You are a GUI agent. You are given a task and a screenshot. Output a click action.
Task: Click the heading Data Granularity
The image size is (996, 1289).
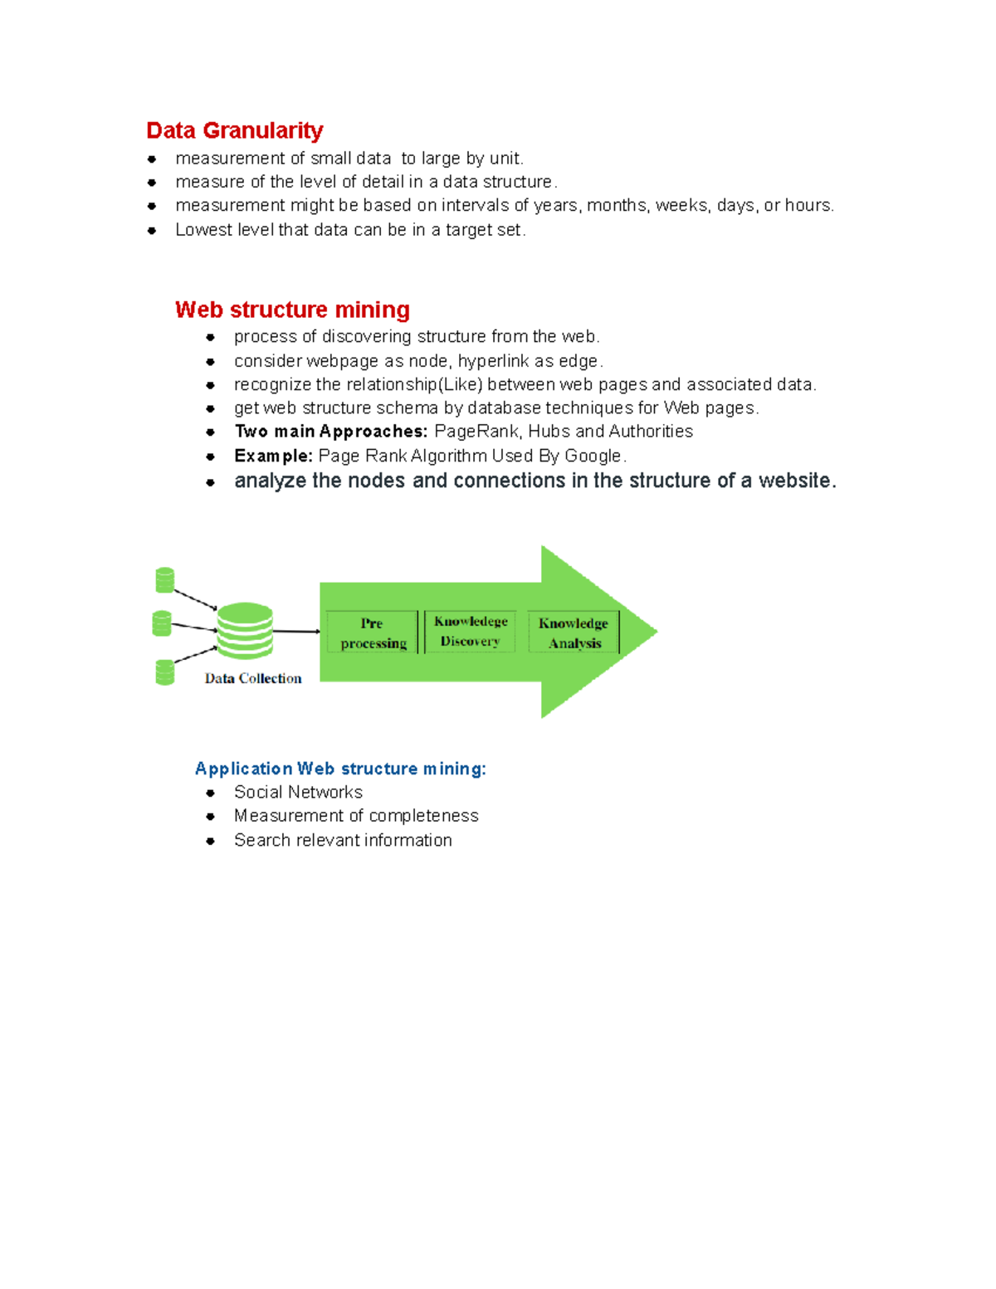point(234,130)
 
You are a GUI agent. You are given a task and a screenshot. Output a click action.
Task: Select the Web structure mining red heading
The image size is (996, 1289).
point(292,310)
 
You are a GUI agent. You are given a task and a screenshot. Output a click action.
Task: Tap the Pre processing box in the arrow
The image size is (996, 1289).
point(373,632)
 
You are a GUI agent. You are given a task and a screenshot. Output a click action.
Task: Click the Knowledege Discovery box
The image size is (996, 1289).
point(471,632)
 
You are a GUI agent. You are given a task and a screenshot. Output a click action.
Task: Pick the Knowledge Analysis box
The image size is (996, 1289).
point(574,632)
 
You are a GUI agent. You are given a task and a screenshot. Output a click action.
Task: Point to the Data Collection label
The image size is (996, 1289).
point(253,678)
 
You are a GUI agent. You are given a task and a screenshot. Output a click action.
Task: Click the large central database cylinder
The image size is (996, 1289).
point(245,631)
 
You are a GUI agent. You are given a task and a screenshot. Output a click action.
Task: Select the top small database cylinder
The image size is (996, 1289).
point(165,580)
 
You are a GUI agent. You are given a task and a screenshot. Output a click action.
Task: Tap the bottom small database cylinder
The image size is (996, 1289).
point(165,672)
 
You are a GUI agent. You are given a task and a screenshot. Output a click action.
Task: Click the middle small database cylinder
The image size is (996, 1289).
point(162,623)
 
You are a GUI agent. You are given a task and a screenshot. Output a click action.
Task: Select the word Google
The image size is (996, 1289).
point(593,456)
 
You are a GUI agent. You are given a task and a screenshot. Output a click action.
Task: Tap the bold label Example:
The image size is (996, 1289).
point(273,456)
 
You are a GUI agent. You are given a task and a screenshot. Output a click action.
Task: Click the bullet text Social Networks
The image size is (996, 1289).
point(298,792)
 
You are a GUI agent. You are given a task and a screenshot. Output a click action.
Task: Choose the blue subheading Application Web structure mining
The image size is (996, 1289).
point(340,769)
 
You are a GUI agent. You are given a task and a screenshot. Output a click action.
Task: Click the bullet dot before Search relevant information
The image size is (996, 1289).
point(211,841)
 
